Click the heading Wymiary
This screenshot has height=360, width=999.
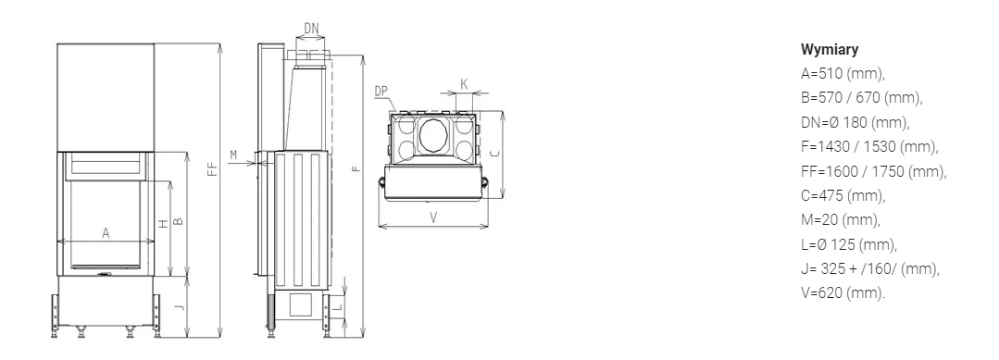[830, 50]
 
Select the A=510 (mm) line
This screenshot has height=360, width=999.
[843, 74]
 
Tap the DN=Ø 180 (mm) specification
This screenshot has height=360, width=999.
[855, 122]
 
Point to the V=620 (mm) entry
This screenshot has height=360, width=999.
[843, 293]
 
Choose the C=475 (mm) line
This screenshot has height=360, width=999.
[843, 195]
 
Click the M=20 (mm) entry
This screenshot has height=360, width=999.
[841, 220]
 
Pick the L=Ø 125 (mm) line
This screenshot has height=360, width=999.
[849, 244]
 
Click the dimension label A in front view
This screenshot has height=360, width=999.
[106, 233]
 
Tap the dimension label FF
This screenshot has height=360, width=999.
[213, 167]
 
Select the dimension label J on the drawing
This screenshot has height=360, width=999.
[181, 308]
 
